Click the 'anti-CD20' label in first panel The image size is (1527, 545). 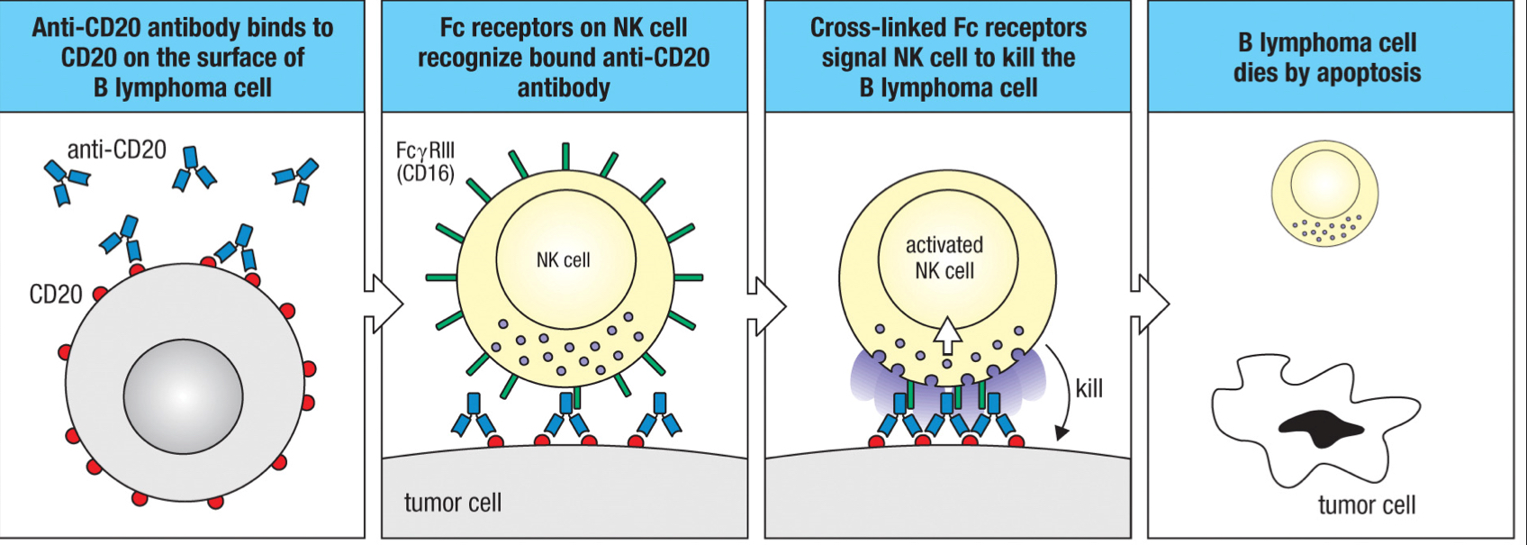pyautogui.click(x=116, y=149)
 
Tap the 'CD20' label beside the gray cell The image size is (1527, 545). pyautogui.click(x=56, y=295)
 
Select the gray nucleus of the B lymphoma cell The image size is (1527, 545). pyautogui.click(x=183, y=396)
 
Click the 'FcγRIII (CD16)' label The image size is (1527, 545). pyautogui.click(x=425, y=161)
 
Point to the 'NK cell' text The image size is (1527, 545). pyautogui.click(x=563, y=260)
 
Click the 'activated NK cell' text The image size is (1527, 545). pyautogui.click(x=944, y=258)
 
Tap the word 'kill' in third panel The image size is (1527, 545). pyautogui.click(x=1089, y=389)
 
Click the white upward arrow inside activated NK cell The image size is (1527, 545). pyautogui.click(x=947, y=335)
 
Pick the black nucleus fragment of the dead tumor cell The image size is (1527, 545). pyautogui.click(x=1320, y=429)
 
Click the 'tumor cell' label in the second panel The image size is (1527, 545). pyautogui.click(x=452, y=503)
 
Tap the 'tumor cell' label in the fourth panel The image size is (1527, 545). pyautogui.click(x=1366, y=505)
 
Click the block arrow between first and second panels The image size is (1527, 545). pyautogui.click(x=384, y=304)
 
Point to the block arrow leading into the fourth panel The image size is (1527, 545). pyautogui.click(x=1150, y=304)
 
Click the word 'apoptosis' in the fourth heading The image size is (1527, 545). pyautogui.click(x=1368, y=74)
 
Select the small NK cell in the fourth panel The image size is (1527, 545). pyautogui.click(x=1324, y=193)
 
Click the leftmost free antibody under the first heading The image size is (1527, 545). pyautogui.click(x=66, y=179)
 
